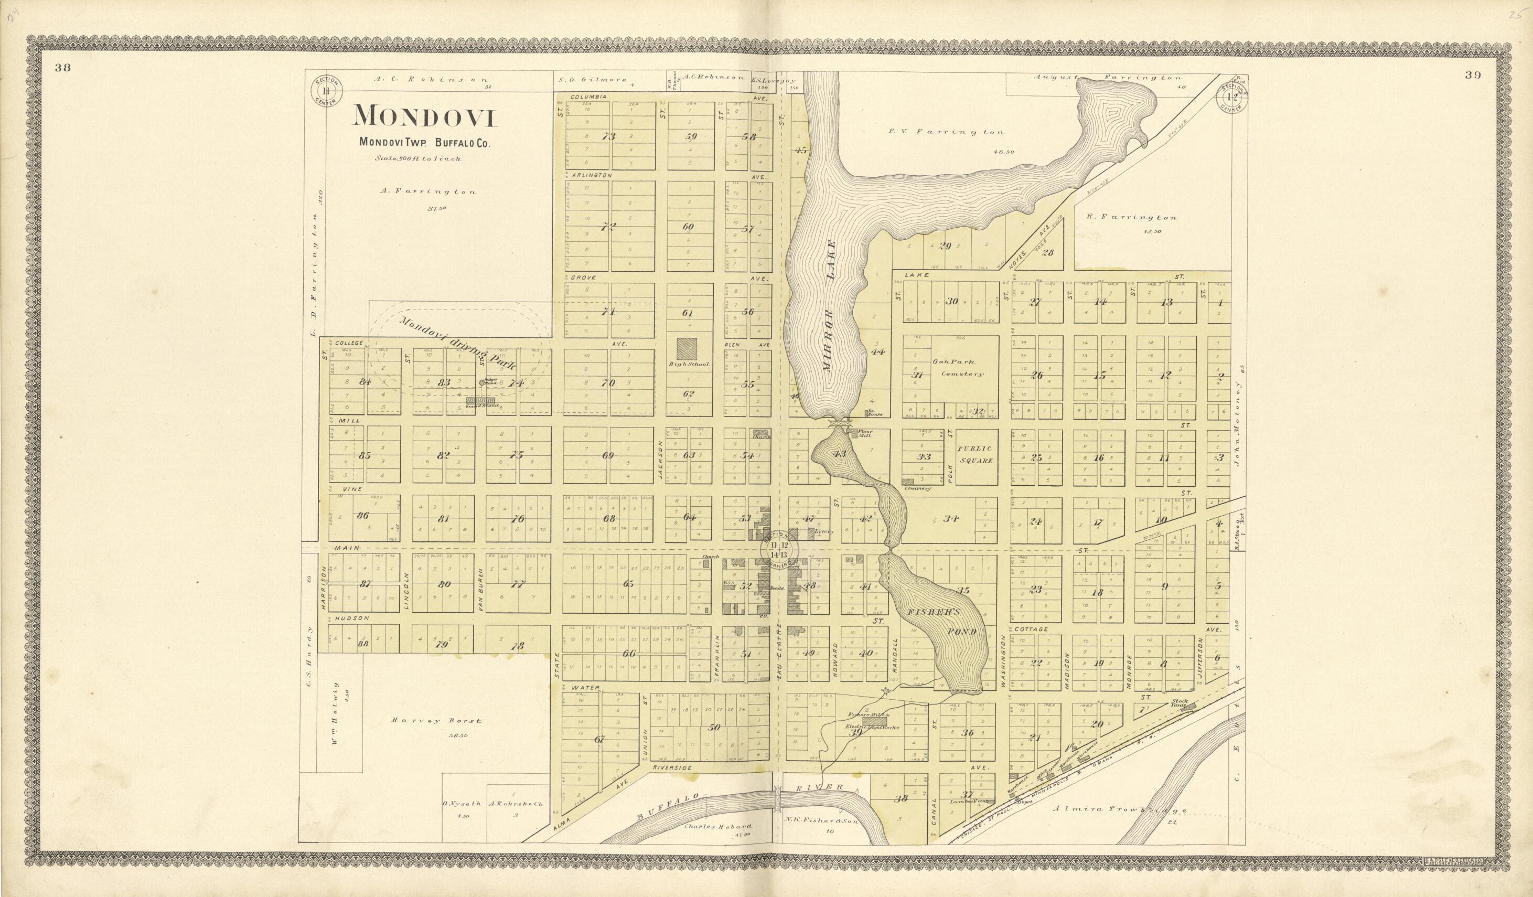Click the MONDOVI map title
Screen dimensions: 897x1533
[x=426, y=116]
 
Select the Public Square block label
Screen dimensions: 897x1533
[x=975, y=455]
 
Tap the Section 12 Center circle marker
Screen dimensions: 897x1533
[x=1232, y=96]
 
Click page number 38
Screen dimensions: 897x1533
[x=62, y=68]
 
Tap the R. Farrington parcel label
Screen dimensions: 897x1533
[x=1130, y=217]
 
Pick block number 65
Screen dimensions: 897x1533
[x=628, y=584]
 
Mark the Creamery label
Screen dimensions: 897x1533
[x=914, y=489]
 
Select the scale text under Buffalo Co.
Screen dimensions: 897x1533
[x=418, y=159]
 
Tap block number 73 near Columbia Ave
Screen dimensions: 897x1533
[x=608, y=137]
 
